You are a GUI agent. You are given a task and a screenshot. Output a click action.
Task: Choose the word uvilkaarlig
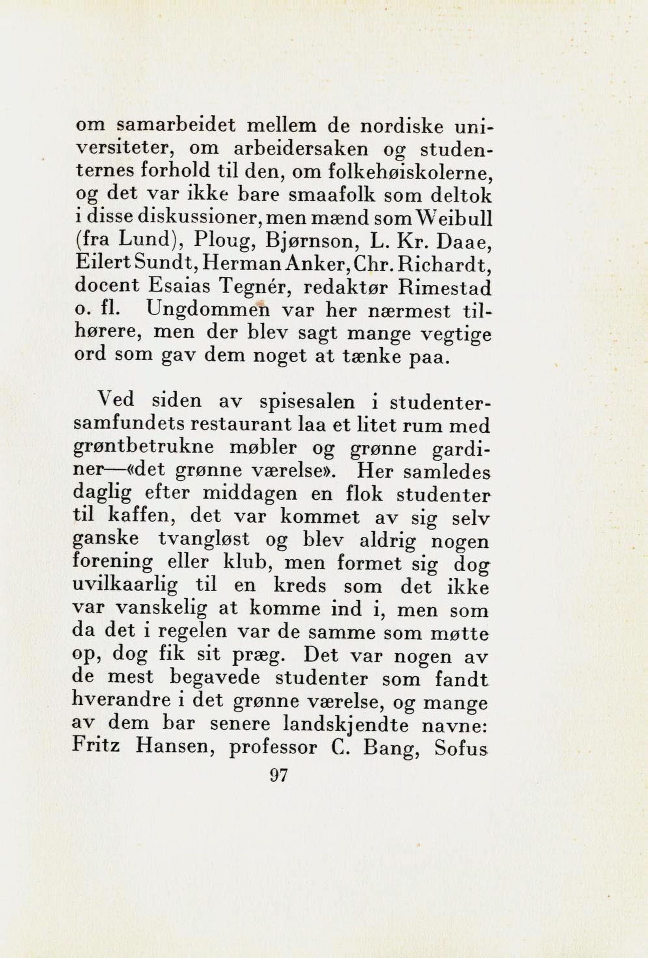pos(125,587)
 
